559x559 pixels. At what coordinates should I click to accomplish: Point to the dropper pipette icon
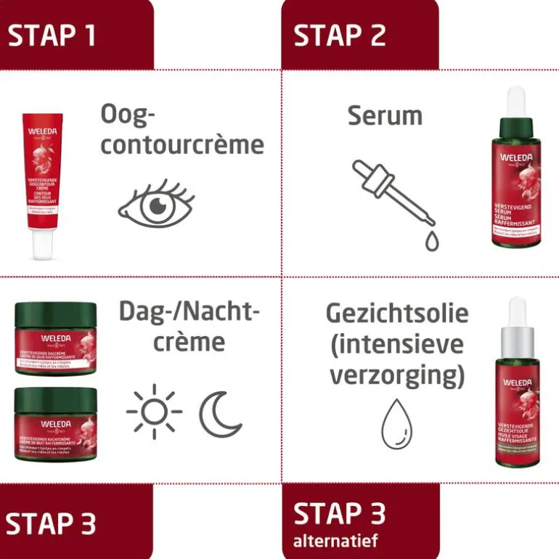tap(392, 190)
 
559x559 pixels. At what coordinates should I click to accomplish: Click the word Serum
tap(385, 115)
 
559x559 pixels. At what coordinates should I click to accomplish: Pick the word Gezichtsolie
tap(397, 314)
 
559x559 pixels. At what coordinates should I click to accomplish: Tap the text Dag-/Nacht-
tap(189, 314)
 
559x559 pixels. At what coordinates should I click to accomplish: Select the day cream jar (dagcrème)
tap(56, 339)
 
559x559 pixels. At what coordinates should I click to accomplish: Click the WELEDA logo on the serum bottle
tap(516, 159)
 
